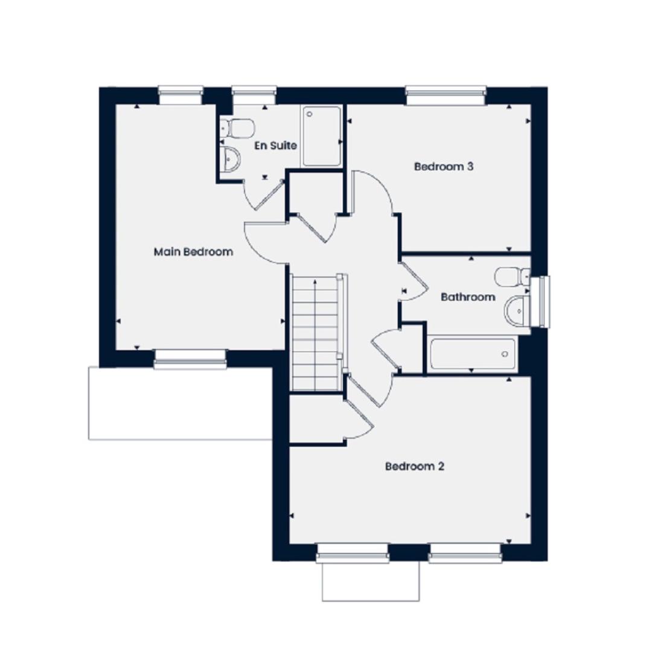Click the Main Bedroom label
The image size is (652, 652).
click(x=193, y=252)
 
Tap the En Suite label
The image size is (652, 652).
click(x=276, y=145)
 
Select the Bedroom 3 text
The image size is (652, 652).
click(x=444, y=167)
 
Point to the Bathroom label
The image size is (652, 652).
click(x=468, y=297)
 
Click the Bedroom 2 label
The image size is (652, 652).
click(x=415, y=467)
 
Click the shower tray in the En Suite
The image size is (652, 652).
click(x=322, y=136)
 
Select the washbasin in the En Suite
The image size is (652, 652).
click(x=230, y=158)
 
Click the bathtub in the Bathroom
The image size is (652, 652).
click(x=473, y=354)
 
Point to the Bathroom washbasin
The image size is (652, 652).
click(x=517, y=310)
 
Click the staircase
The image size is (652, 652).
click(x=316, y=333)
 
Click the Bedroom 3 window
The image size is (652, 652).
click(x=446, y=95)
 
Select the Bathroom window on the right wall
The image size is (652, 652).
click(x=540, y=301)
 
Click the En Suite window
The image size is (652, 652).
click(x=254, y=95)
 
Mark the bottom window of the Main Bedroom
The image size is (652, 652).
click(x=190, y=359)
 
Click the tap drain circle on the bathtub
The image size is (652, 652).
click(x=505, y=354)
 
